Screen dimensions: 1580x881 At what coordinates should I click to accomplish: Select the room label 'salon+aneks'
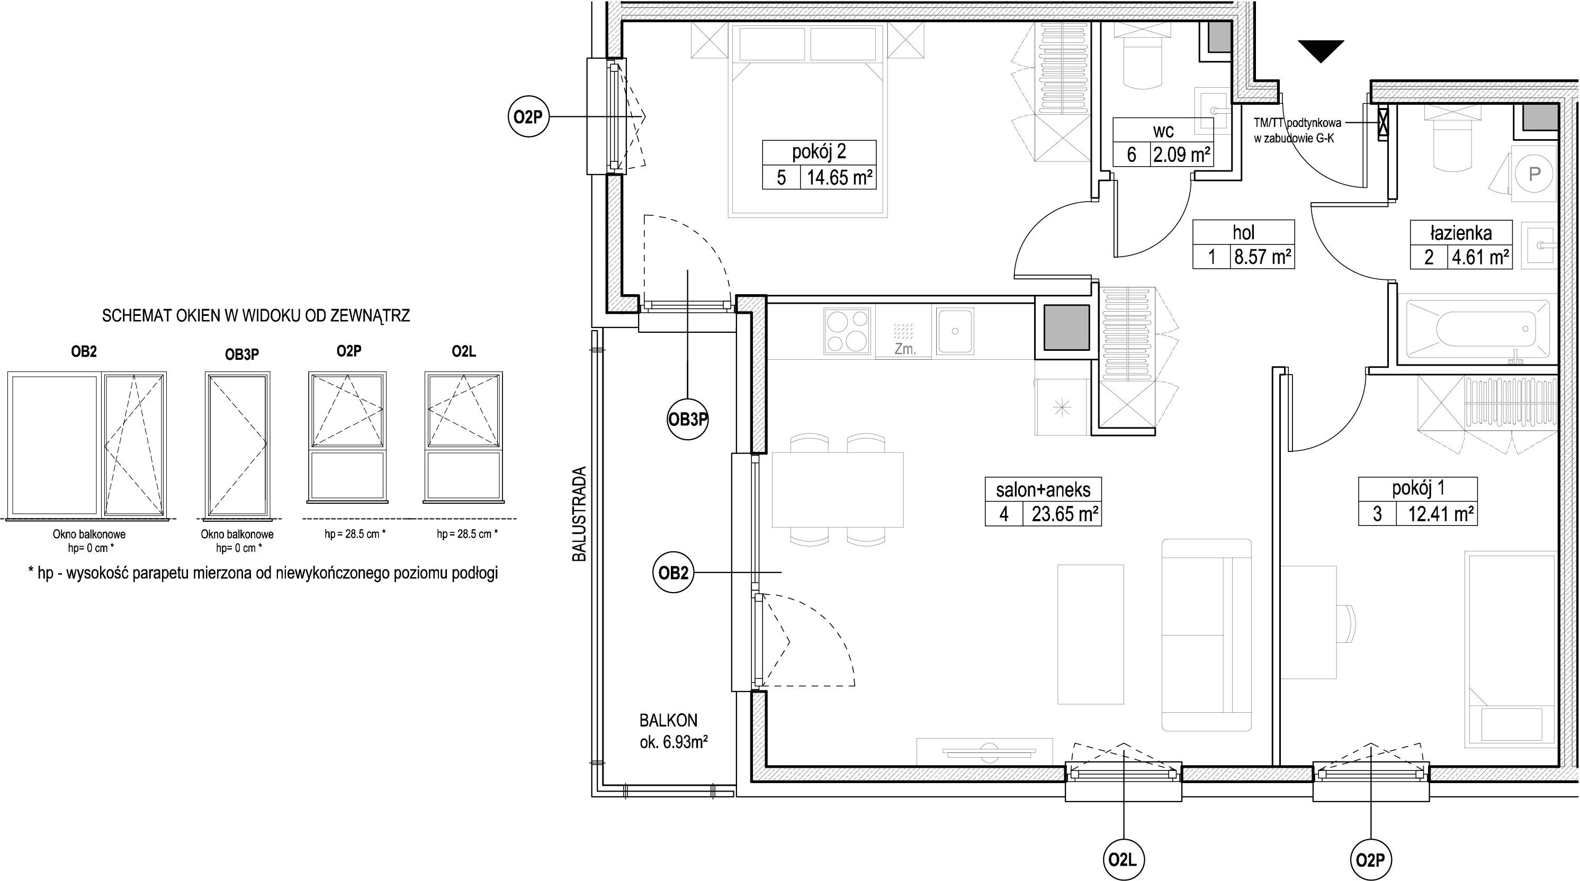[1043, 489]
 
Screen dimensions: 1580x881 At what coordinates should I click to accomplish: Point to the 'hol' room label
[1243, 232]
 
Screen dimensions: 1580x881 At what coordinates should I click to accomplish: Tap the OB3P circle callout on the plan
[688, 420]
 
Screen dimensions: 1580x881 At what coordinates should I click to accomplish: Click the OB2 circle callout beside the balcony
[673, 573]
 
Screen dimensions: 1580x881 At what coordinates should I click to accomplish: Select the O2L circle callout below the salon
[1123, 859]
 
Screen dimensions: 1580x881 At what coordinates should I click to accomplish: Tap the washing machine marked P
[1534, 174]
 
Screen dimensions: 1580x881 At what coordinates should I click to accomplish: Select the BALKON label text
[669, 720]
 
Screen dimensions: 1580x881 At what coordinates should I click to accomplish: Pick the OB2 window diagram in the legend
[87, 444]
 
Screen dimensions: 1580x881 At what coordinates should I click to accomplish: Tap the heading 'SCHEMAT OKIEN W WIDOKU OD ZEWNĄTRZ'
[256, 316]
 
